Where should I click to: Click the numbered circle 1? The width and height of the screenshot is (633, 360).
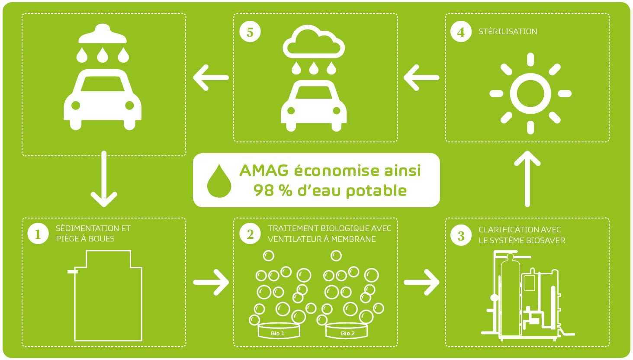(38, 234)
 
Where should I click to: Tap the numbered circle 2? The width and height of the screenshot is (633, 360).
(250, 234)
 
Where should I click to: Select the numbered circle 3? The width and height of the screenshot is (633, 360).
(461, 235)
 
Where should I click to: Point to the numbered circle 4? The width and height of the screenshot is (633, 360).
(461, 32)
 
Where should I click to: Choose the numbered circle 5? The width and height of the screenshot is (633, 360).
(250, 32)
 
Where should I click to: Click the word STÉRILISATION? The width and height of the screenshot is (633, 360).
(508, 31)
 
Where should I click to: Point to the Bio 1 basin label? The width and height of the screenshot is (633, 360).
(278, 334)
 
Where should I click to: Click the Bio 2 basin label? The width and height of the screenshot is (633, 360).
(347, 334)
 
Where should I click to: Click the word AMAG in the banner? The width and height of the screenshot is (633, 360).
(264, 170)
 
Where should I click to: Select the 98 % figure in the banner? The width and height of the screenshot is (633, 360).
(273, 190)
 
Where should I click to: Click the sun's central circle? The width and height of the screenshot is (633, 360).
(530, 93)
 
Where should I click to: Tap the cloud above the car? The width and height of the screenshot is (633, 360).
(314, 42)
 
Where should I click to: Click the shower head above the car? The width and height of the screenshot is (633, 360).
(103, 34)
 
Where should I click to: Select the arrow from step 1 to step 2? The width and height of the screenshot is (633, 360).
(211, 282)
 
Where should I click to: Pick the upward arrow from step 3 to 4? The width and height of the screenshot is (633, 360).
(527, 179)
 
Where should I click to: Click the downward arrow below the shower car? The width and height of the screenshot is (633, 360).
(104, 179)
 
